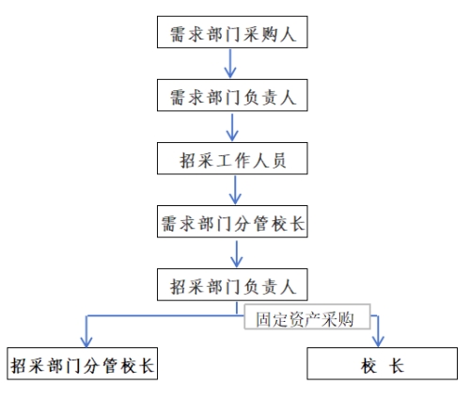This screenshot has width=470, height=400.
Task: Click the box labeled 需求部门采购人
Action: (232, 32)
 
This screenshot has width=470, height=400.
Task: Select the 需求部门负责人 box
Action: (232, 95)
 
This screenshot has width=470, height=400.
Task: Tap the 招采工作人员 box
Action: (232, 158)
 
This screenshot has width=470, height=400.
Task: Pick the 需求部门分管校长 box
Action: (232, 221)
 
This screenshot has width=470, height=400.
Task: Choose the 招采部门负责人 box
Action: (232, 284)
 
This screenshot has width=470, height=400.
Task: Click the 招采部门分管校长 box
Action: (83, 363)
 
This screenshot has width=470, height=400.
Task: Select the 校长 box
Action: (383, 363)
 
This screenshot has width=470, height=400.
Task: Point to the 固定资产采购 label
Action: (305, 320)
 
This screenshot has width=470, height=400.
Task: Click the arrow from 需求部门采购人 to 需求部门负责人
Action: (230, 63)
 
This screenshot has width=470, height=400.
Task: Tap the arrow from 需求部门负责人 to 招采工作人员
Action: (232, 127)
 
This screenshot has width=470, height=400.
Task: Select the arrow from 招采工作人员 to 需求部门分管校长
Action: (235, 190)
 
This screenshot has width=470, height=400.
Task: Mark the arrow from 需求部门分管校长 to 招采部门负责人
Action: (237, 254)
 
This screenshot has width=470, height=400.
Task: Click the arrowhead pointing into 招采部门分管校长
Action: (86, 342)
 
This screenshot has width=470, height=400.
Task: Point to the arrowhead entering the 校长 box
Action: (378, 342)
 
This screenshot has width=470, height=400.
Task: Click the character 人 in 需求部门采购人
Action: (288, 34)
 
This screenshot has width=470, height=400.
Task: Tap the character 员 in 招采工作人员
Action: (279, 161)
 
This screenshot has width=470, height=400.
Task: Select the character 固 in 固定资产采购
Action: (263, 320)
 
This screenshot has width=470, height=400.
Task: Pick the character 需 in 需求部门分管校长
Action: (169, 224)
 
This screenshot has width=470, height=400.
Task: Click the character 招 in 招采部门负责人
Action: (179, 287)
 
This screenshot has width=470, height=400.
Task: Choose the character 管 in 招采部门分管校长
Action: (110, 366)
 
